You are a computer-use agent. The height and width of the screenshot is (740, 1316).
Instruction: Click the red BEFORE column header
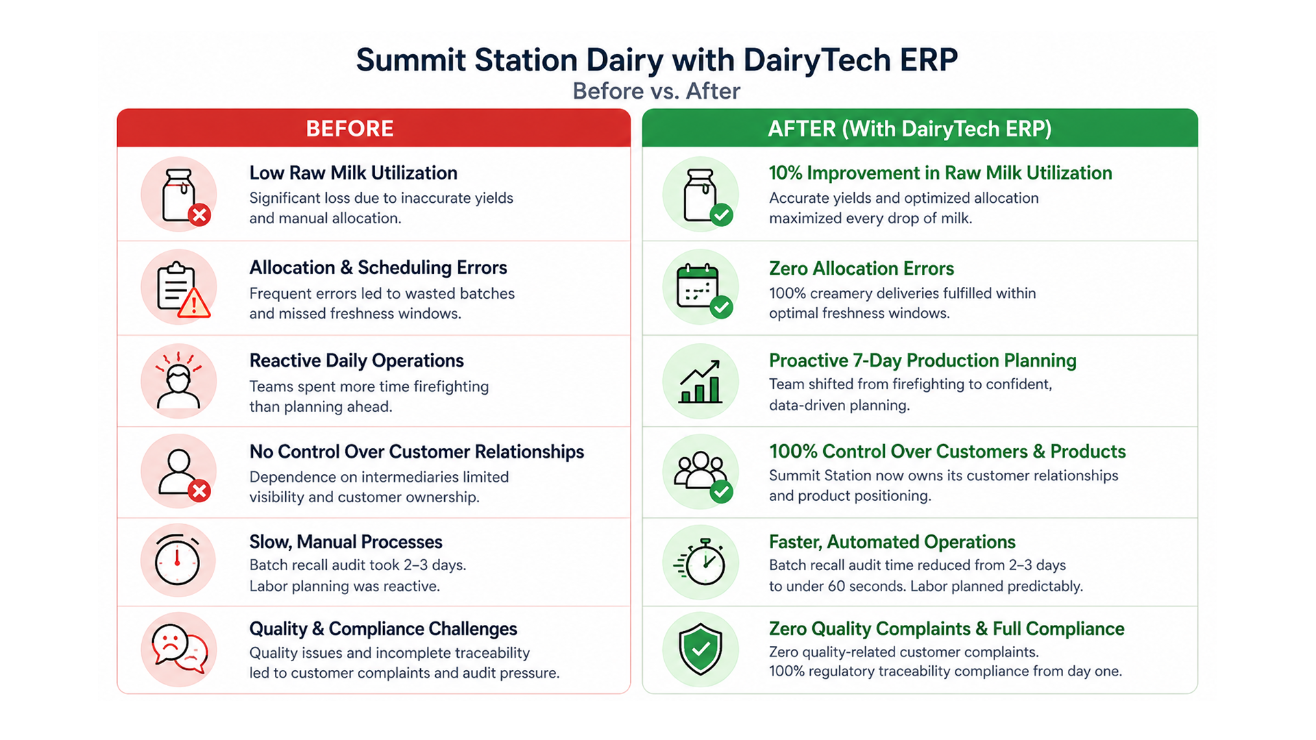pos(374,128)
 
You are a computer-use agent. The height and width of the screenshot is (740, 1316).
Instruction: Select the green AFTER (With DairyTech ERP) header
pos(919,128)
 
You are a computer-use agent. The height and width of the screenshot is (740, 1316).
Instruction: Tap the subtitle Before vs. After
pos(656,91)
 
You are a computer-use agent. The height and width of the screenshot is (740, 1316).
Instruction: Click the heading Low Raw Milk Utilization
pos(353,173)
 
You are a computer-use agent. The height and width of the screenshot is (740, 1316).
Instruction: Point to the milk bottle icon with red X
pos(180,195)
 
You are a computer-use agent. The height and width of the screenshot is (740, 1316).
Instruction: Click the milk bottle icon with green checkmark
pos(701,195)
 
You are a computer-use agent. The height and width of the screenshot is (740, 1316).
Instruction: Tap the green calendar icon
pos(700,288)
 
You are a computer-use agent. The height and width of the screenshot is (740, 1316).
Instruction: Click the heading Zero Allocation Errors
pos(861,268)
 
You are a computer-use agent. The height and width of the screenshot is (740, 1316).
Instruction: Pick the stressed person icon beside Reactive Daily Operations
pos(178,381)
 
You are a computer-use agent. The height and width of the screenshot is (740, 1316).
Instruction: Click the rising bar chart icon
pos(700,382)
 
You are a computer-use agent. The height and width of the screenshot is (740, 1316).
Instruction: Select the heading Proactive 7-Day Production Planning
pos(922,360)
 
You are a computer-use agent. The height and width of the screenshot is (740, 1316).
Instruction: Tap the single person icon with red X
pos(180,473)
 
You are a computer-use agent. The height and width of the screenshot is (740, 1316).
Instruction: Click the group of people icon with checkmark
pos(701,472)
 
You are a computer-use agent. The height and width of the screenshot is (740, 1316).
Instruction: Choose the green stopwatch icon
pos(701,562)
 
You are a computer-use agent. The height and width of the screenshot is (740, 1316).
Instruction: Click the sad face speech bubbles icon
pos(179,649)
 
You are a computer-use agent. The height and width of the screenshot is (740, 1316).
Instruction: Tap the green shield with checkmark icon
pos(700,649)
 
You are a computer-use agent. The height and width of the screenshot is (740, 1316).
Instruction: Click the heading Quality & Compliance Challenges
pos(382,628)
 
